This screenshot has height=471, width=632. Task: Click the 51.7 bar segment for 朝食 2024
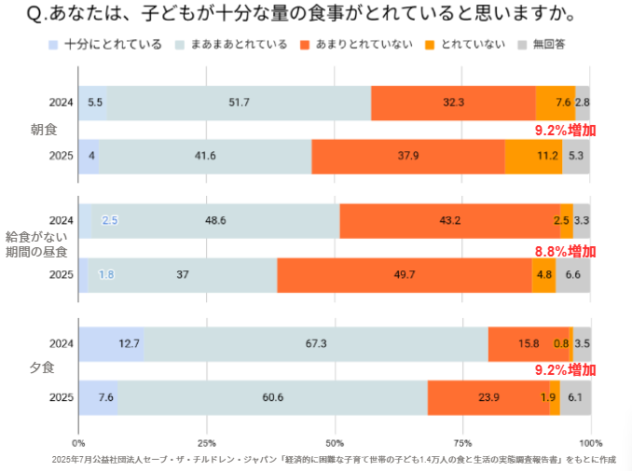click(240, 103)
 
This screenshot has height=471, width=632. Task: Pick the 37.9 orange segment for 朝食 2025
click(407, 155)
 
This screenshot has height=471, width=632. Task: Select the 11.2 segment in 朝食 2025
click(533, 155)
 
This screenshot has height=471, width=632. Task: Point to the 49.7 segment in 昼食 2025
click(405, 274)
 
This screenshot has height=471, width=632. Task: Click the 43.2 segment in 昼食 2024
click(449, 221)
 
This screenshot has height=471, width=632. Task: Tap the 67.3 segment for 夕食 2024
click(316, 343)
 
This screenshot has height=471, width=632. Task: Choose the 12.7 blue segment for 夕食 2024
click(111, 343)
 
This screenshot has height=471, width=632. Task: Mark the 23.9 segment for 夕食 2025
click(488, 397)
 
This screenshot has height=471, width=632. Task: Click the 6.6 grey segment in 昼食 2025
click(572, 274)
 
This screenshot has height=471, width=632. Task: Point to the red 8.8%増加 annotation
click(564, 251)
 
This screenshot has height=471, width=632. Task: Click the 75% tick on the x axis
click(462, 442)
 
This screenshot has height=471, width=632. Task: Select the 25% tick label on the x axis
click(207, 442)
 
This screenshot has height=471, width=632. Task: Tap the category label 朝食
click(44, 130)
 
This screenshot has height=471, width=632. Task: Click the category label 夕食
click(44, 369)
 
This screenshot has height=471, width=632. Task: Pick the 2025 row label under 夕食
click(61, 397)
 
